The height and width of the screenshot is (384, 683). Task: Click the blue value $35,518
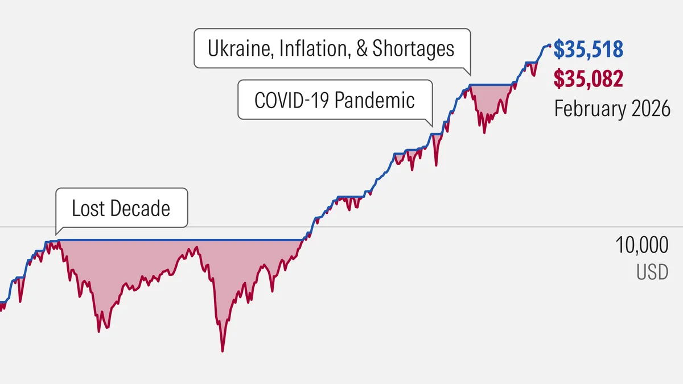589,50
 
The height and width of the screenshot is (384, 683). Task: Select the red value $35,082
589,79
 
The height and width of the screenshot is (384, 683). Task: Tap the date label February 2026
612,108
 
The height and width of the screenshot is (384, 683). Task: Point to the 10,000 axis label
641,246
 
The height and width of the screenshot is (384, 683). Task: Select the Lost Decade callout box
121,208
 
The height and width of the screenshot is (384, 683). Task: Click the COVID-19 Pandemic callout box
335,100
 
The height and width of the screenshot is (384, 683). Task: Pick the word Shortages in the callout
413,48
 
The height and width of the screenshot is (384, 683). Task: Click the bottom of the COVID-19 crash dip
437,165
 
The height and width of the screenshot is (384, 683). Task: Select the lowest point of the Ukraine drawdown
484,133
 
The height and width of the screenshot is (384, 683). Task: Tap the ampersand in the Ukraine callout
361,48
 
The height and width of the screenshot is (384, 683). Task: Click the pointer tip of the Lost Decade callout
56,234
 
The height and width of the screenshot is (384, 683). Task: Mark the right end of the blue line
550,46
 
